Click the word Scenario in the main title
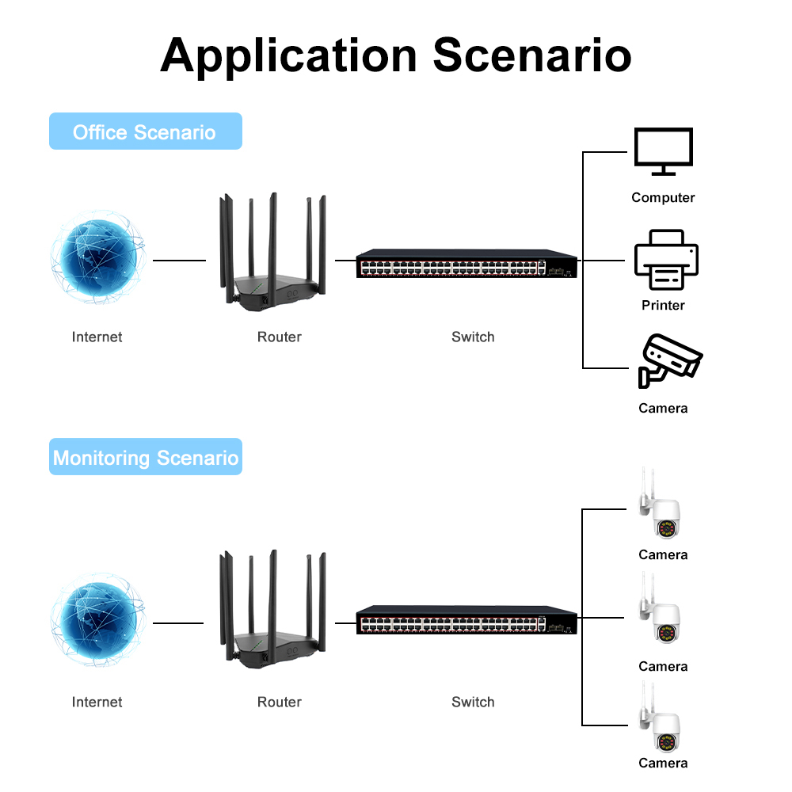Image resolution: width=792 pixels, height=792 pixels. [532, 55]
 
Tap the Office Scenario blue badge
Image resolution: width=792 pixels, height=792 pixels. [145, 131]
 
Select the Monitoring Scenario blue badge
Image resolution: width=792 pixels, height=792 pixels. [145, 457]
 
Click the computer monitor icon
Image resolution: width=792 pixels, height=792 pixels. [663, 150]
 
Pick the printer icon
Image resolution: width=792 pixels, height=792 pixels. [665, 261]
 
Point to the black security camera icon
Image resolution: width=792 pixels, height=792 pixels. [669, 361]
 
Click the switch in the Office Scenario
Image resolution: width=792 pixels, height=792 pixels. [466, 265]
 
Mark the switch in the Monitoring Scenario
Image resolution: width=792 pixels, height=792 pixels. [466, 620]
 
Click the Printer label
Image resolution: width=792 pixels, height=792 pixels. [663, 305]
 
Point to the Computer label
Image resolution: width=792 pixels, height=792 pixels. [663, 197]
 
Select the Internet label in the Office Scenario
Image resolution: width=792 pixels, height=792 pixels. [97, 337]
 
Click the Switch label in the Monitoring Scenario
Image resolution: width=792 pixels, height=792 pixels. [473, 702]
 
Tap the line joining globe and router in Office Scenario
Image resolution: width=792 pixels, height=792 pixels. [179, 259]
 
